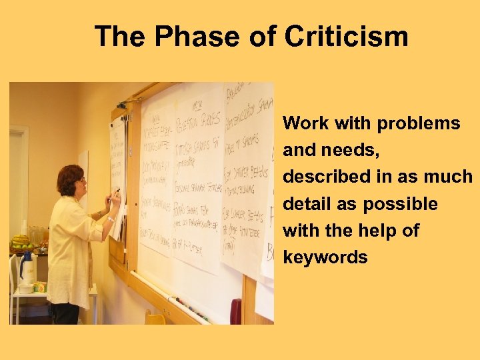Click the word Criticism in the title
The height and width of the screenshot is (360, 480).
tap(346, 36)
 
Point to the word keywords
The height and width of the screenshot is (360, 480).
tap(325, 257)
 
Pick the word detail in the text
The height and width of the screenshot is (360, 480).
tap(305, 204)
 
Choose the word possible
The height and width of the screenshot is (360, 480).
tap(400, 204)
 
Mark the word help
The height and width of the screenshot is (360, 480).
tap(379, 231)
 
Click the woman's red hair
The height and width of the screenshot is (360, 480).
tap(69, 178)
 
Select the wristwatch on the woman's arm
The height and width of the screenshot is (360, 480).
tap(110, 219)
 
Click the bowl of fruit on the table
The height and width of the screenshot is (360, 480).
tap(21, 241)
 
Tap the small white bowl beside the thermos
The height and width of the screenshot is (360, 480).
tap(25, 288)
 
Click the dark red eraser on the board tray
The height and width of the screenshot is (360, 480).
tap(235, 311)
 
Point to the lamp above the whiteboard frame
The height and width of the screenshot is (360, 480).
tap(122, 104)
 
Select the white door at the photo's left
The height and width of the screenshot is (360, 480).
tap(18, 180)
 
